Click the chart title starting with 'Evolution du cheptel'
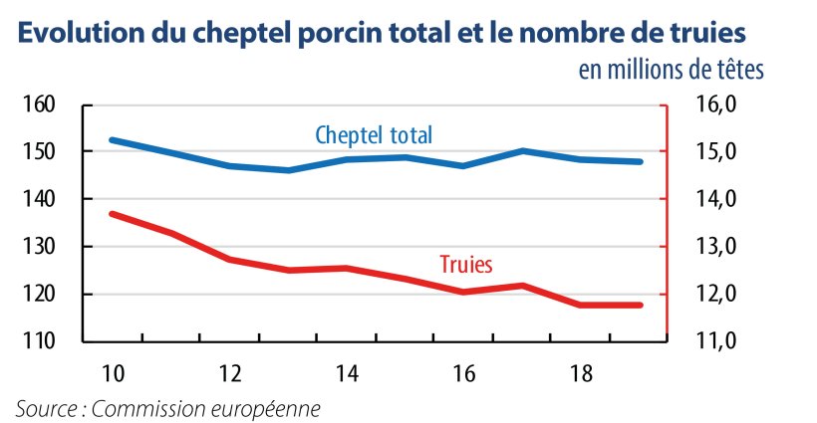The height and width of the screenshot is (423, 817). tap(381, 33)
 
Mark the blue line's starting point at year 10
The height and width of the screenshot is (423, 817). tap(113, 140)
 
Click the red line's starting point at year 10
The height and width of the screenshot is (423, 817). tap(113, 213)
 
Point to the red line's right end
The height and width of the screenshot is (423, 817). tap(641, 305)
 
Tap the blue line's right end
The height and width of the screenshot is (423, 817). tap(641, 161)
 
